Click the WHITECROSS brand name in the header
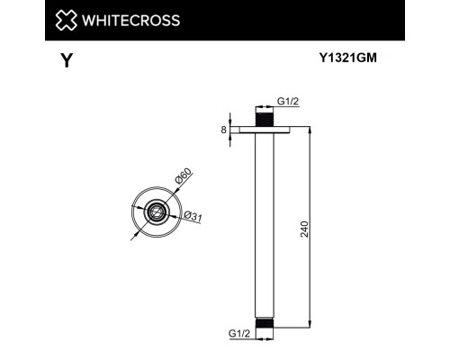(x=130, y=20)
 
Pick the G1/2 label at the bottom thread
(x=239, y=333)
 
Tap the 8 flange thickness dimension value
(x=223, y=130)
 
